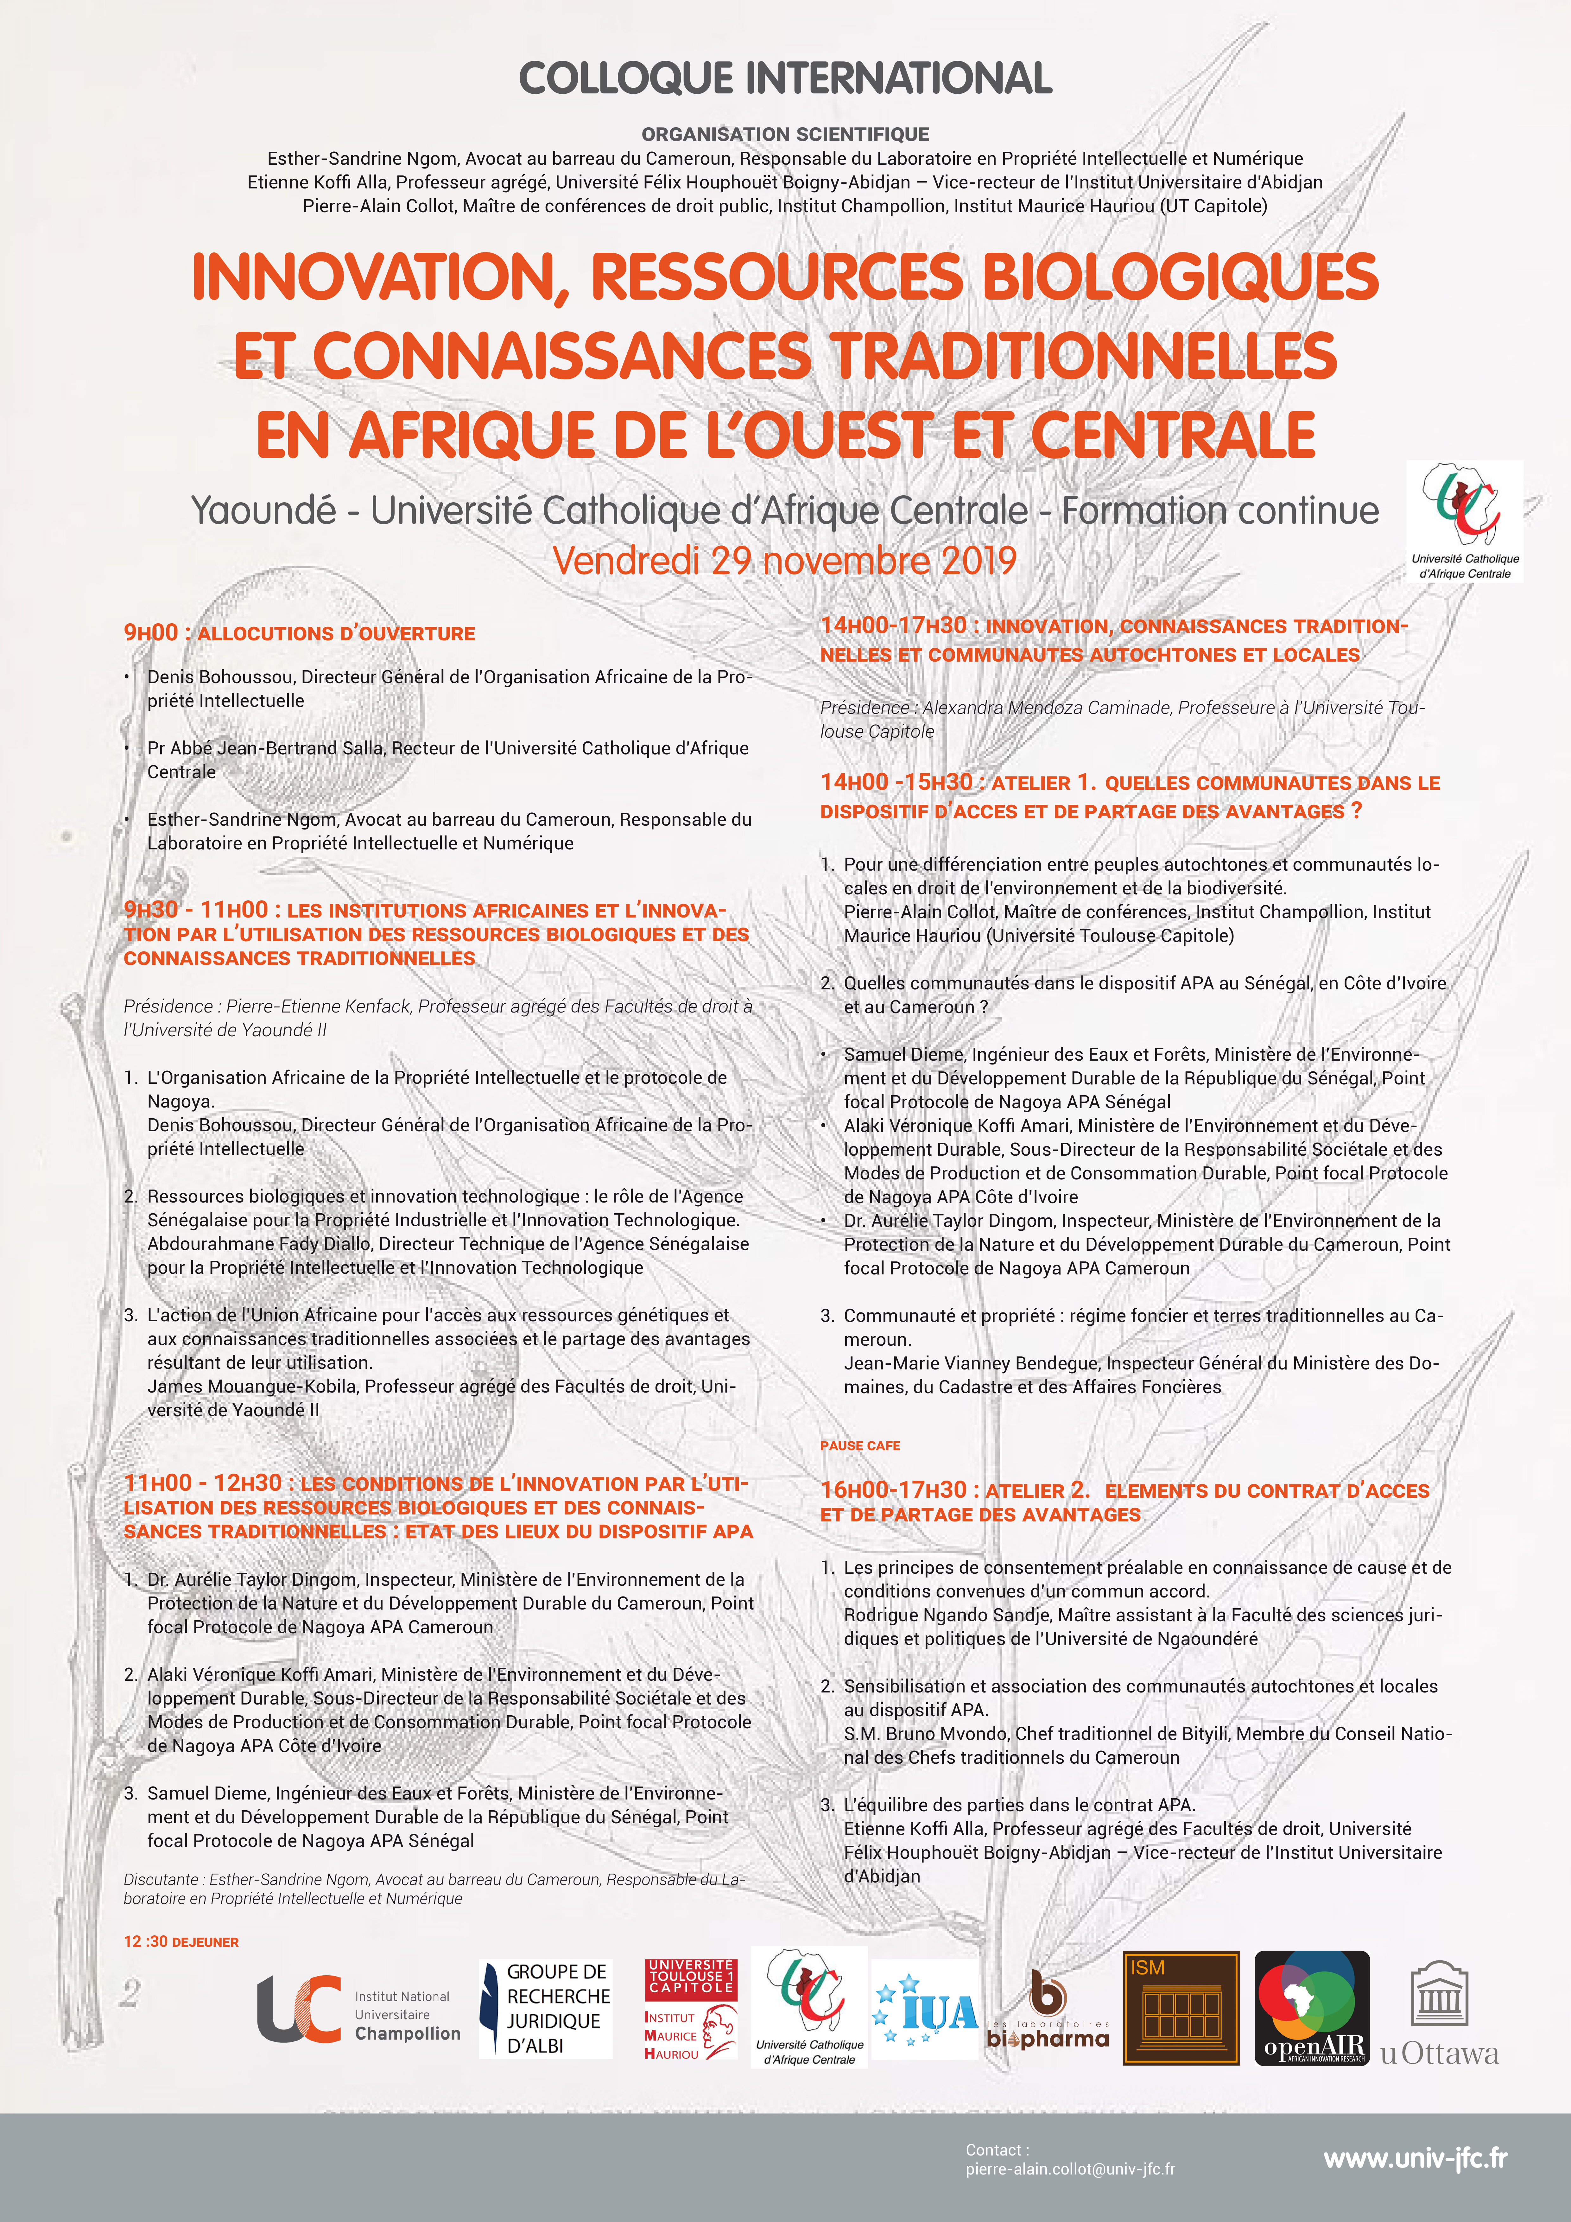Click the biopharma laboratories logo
pos(1047,2008)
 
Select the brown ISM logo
pos(1181,2008)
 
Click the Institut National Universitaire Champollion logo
pos(358,2008)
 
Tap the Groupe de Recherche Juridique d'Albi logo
pos(546,2008)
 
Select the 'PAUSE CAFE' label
pos(859,1445)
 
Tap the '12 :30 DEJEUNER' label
pos(181,1941)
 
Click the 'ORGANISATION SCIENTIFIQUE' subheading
pos(785,135)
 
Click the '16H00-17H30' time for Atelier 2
pos(892,1490)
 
